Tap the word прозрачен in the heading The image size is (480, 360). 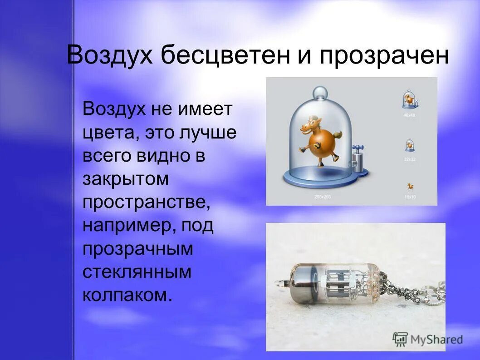tap(384, 56)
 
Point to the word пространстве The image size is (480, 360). tap(147, 203)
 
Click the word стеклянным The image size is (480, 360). tap(137, 272)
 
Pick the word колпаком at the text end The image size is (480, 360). tap(127, 296)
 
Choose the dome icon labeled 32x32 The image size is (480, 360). tap(410, 145)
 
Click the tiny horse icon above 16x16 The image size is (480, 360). tap(410, 186)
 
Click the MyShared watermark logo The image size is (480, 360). tap(428, 339)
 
